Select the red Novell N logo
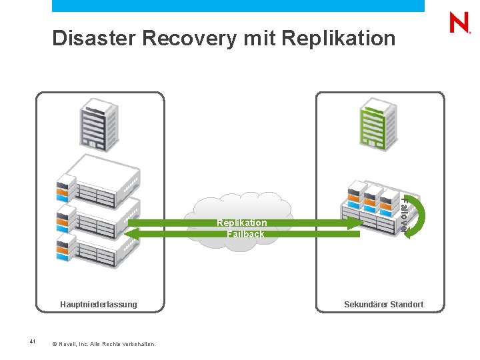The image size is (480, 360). [459, 23]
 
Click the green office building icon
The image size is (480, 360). [377, 125]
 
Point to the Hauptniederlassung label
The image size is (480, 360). [99, 305]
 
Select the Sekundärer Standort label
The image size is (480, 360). [383, 305]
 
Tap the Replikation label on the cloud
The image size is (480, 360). [241, 223]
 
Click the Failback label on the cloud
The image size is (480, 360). [245, 234]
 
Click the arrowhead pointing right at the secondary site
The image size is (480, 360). [354, 223]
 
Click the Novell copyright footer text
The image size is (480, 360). [103, 344]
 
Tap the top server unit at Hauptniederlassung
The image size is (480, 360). [100, 177]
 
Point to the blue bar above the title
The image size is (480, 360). [238, 5]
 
